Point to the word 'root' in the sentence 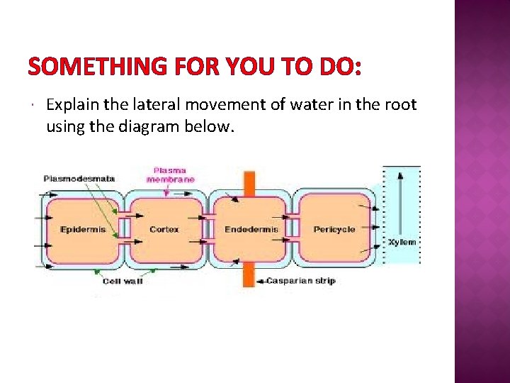pyautogui.click(x=401, y=106)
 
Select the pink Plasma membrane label pyautogui.click(x=171, y=174)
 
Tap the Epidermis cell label pyautogui.click(x=83, y=229)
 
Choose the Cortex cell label pyautogui.click(x=164, y=229)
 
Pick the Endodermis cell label pyautogui.click(x=251, y=229)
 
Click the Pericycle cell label pyautogui.click(x=334, y=229)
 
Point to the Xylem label pyautogui.click(x=402, y=242)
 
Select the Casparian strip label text pyautogui.click(x=300, y=281)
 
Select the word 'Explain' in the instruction pyautogui.click(x=72, y=106)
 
